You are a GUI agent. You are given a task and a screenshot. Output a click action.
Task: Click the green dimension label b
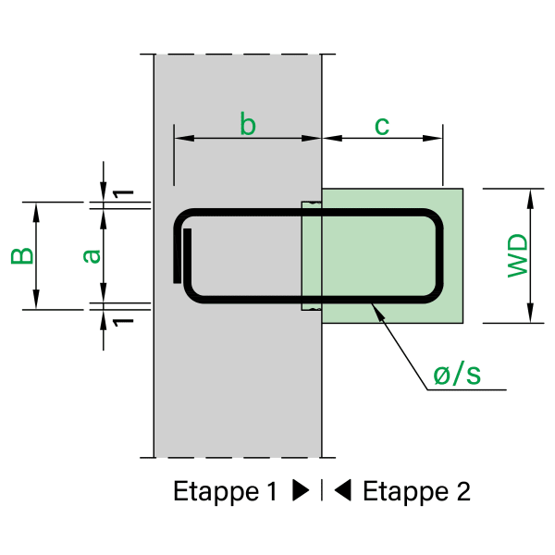pyautogui.click(x=247, y=123)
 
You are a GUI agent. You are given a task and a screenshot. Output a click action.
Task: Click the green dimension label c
pyautogui.click(x=381, y=124)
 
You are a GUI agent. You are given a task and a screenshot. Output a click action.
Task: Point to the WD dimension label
pyautogui.click(x=517, y=255)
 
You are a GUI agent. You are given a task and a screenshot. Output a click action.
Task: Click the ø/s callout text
pyautogui.click(x=457, y=375)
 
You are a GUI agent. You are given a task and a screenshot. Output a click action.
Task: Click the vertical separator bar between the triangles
pyautogui.click(x=322, y=491)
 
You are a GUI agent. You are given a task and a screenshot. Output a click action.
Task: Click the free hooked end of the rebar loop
pyautogui.click(x=187, y=233)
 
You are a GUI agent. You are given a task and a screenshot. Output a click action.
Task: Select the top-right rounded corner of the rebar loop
pyautogui.click(x=434, y=218)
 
